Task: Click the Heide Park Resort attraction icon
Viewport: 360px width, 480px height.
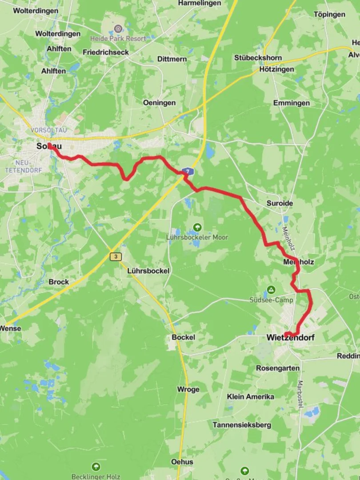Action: [118, 29]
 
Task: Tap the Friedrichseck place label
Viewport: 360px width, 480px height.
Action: [106, 52]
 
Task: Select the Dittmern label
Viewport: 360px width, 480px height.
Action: [172, 59]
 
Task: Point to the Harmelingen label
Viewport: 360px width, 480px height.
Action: [200, 3]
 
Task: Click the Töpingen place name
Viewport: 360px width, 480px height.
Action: [329, 14]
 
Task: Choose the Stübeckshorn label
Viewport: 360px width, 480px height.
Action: [258, 58]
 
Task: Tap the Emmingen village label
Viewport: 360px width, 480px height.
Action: [292, 103]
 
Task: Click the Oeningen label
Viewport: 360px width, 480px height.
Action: [159, 103]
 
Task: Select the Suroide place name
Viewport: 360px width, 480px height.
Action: [280, 203]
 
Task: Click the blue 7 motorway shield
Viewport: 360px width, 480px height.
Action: [188, 171]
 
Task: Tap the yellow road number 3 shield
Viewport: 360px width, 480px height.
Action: [116, 257]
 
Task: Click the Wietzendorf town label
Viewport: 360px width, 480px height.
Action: [291, 338]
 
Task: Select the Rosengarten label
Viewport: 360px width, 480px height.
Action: [278, 368]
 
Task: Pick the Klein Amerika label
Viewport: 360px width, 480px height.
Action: [250, 396]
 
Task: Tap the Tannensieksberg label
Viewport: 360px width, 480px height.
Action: [242, 425]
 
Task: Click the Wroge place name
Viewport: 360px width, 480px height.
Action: [188, 389]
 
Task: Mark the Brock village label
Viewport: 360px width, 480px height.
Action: [59, 282]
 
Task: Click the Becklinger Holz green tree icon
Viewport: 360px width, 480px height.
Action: [96, 467]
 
